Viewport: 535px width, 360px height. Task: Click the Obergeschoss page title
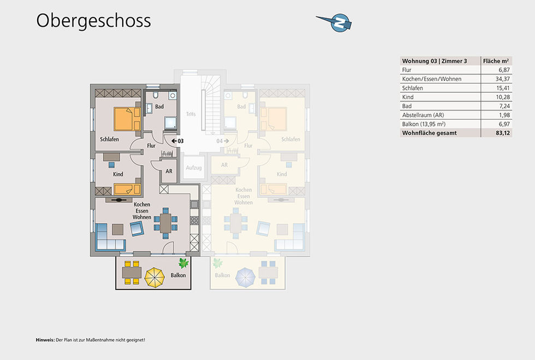point(93,21)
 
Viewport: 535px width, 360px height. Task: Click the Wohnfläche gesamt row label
point(430,133)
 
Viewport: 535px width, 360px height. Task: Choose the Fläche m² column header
point(496,61)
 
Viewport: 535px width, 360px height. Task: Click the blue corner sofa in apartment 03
point(110,237)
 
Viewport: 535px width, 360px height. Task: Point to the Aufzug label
point(194,168)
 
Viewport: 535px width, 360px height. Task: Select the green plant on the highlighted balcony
point(183,263)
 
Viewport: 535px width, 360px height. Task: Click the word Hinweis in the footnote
point(45,340)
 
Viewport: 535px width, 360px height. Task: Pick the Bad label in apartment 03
point(159,107)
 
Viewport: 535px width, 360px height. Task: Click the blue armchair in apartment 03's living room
point(136,228)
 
